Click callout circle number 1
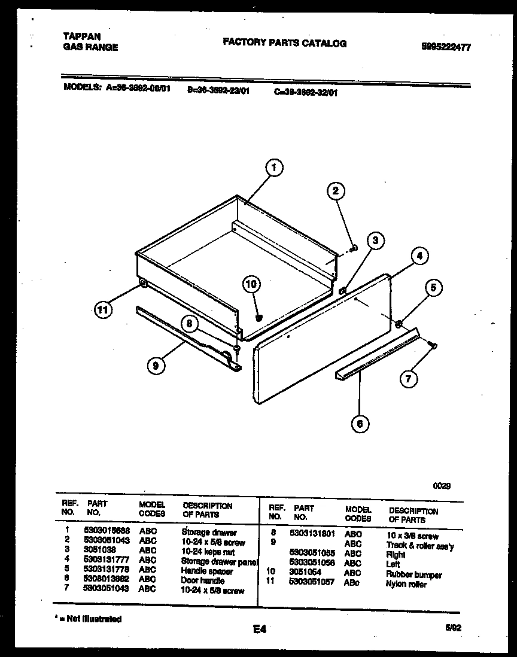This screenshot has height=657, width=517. [273, 169]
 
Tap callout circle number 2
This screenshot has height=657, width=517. [336, 191]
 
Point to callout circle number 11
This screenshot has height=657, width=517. [103, 310]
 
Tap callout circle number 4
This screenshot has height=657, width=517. [419, 257]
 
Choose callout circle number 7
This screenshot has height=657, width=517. [409, 378]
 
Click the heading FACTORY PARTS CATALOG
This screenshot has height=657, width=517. [284, 43]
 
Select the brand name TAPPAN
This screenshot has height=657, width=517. [81, 36]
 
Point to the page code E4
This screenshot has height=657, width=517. [259, 629]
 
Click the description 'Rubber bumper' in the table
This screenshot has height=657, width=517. [414, 575]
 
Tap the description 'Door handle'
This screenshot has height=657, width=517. [203, 580]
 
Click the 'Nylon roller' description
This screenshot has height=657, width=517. [407, 584]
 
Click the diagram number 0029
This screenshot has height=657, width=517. [442, 486]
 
